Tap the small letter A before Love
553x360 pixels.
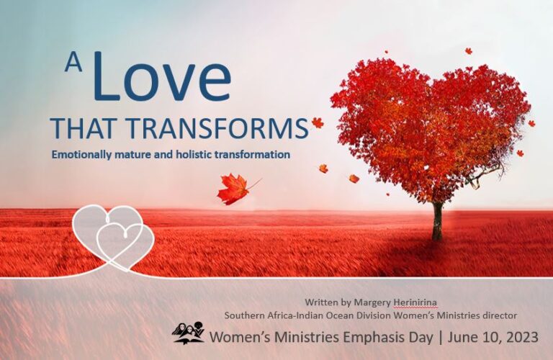[x=73, y=63]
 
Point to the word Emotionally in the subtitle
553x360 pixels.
[x=78, y=154]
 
